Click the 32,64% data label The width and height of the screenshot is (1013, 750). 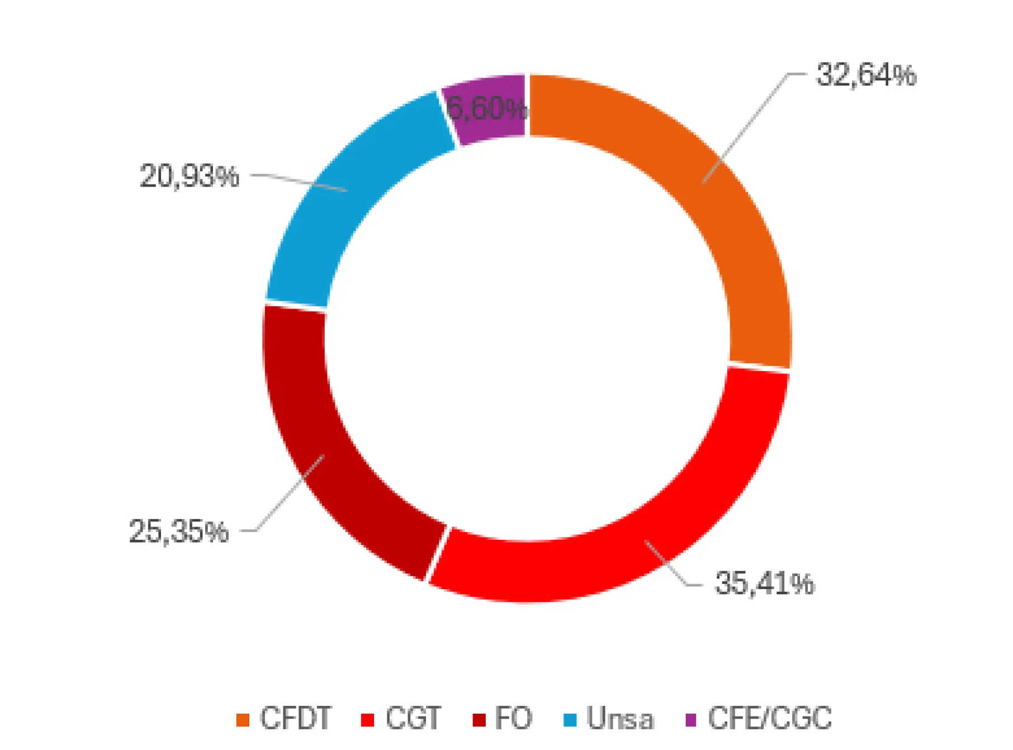[866, 75]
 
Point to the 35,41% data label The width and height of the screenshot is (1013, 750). [764, 583]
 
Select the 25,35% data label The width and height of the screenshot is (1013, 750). [179, 531]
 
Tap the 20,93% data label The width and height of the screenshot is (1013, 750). [189, 176]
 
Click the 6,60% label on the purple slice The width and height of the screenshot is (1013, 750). [486, 108]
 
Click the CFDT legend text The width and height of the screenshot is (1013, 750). [296, 718]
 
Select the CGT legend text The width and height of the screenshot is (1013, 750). [413, 718]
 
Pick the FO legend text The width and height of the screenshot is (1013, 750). [513, 718]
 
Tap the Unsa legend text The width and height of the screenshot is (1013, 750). [619, 719]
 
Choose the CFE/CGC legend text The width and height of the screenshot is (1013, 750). [770, 718]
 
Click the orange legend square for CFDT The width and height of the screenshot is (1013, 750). [243, 720]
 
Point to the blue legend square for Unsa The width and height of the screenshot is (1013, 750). [570, 720]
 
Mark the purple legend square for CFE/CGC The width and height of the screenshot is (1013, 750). [691, 720]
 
